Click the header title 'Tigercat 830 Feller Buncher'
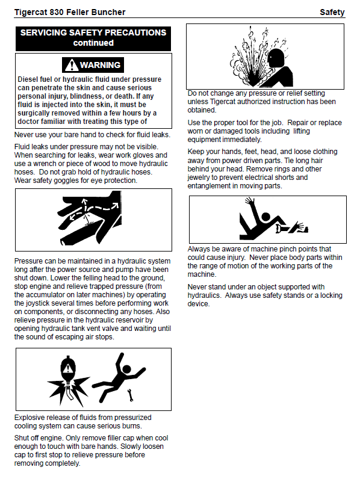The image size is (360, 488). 70,12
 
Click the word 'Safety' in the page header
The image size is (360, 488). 332,12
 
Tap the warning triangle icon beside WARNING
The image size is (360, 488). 72,65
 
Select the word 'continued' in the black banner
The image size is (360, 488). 93,43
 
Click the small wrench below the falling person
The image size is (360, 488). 131,395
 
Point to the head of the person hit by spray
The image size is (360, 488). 276,58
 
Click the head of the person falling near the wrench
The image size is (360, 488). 127,369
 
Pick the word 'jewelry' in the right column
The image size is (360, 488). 199,178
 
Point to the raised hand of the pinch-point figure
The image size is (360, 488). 249,201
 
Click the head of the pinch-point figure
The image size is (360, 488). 265,217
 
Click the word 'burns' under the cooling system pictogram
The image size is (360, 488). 132,426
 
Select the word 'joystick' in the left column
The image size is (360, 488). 36,303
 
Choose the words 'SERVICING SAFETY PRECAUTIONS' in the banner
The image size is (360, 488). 93,32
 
